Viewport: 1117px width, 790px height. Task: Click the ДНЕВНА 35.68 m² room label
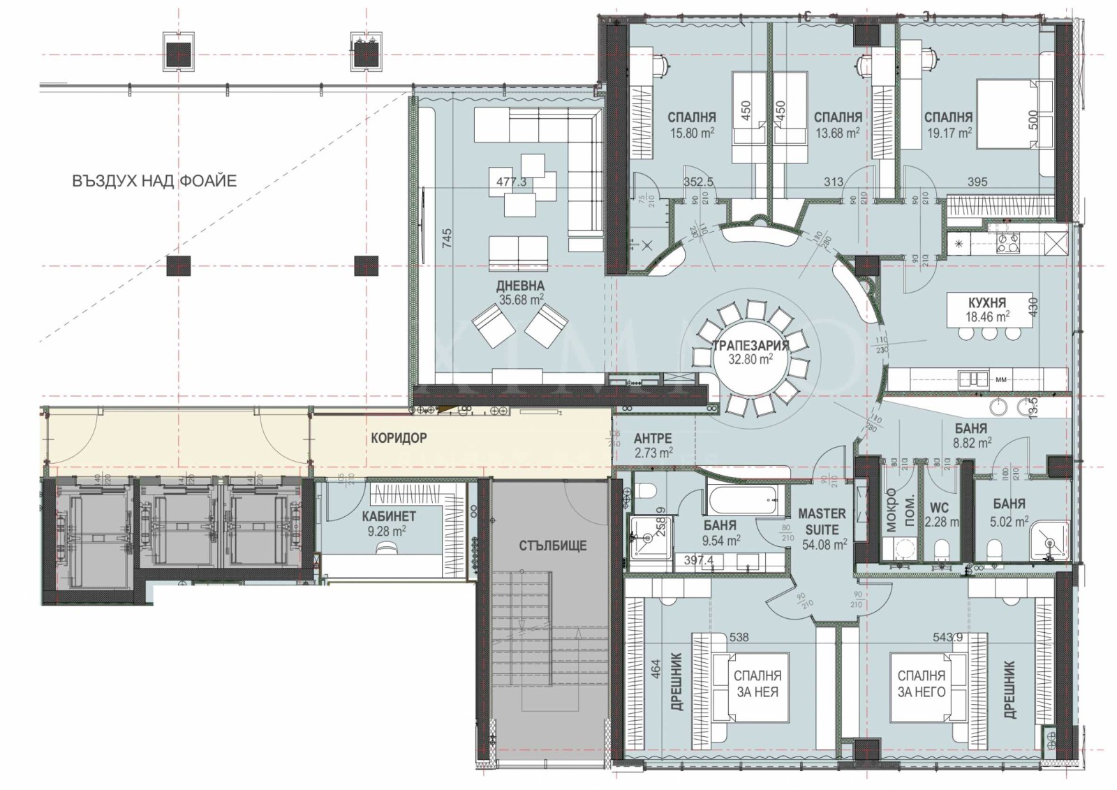tap(520, 293)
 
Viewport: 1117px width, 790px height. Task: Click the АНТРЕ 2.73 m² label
tap(653, 445)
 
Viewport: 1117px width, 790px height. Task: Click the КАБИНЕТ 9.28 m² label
tap(389, 523)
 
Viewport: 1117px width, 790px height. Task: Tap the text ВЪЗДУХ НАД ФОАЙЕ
tap(154, 181)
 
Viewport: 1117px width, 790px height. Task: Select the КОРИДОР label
tap(399, 438)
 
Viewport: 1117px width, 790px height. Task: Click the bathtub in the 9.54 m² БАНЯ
tap(742, 499)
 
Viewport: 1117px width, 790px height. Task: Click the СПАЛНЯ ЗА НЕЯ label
tap(757, 684)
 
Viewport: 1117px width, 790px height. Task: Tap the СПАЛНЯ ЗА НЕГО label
tap(922, 684)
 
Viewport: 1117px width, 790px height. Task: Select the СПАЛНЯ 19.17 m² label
tap(947, 124)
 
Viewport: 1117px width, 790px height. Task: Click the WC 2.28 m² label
tap(940, 513)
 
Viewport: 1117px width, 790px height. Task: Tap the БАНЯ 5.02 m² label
tap(1009, 512)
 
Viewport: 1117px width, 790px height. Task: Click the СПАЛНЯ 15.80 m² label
tap(691, 124)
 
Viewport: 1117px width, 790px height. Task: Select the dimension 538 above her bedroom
tap(739, 637)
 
